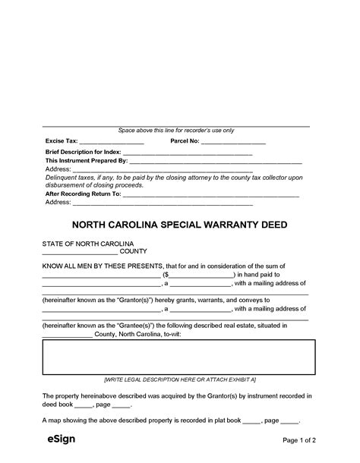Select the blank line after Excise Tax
112,143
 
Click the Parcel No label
185,141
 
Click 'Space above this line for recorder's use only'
176,131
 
